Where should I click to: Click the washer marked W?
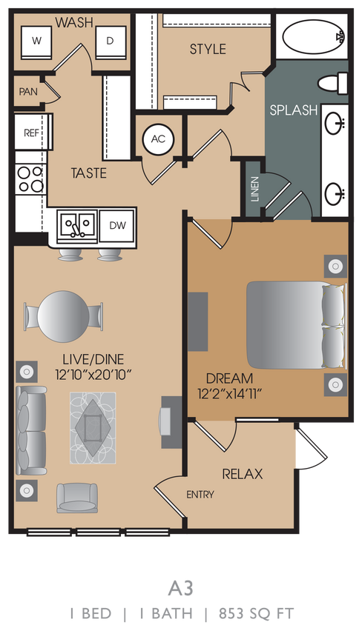pos(36,41)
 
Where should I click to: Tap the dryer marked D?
pos(109,41)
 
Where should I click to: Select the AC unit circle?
pos(157,138)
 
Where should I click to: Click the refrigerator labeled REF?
pos(31,133)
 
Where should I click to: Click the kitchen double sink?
pos(78,225)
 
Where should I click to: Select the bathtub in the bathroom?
pos(312,35)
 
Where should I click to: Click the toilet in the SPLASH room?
pos(331,82)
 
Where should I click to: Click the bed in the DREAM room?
pos(295,324)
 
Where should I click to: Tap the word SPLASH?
pos(293,110)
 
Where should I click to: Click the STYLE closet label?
pos(208,50)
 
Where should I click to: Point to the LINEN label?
pos(255,189)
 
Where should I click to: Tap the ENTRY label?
pos(200,495)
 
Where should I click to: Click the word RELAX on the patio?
pos(243,474)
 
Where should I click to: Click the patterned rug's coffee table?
pos(93,424)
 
